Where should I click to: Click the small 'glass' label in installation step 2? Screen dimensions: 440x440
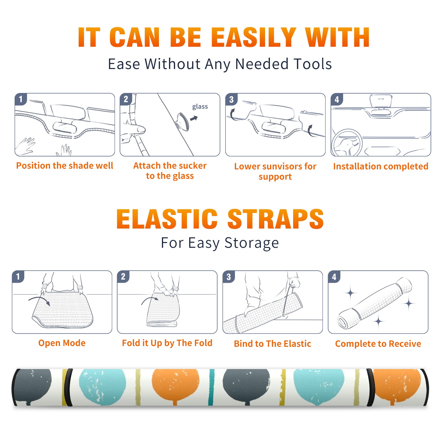[x=200, y=107]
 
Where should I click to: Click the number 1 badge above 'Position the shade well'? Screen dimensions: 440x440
[x=21, y=99]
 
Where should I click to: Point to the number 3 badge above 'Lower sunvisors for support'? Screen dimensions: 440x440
[x=231, y=99]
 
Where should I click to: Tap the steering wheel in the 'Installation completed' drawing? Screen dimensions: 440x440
[x=347, y=143]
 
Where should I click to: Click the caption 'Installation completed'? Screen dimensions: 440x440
[x=381, y=166]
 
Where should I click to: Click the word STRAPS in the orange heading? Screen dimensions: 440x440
[x=276, y=219]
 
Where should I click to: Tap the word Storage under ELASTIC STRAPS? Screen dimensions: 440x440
[x=251, y=243]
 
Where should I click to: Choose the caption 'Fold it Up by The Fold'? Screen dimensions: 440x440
[x=167, y=343]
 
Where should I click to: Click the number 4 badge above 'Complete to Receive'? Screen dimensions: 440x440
[x=334, y=277]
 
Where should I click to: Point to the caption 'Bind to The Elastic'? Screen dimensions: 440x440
[x=273, y=344]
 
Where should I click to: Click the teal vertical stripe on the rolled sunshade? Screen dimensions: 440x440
[x=211, y=387]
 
